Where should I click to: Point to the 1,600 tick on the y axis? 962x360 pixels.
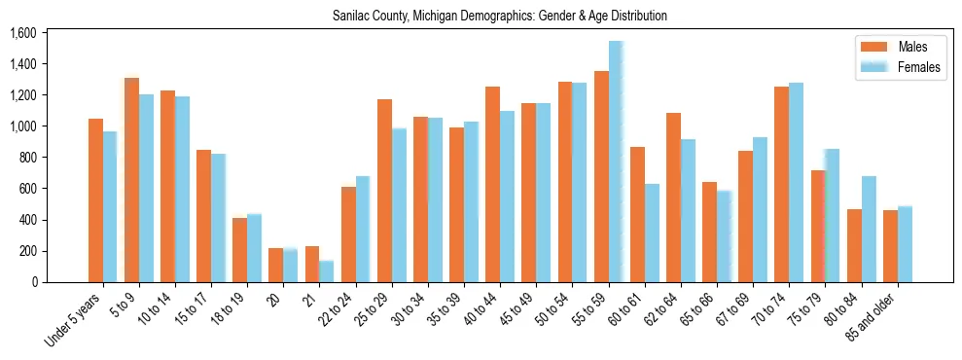tap(21, 33)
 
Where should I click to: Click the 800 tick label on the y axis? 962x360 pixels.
tap(26, 158)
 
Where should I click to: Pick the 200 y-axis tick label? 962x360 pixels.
tap(26, 251)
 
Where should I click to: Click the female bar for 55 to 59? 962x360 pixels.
tap(616, 162)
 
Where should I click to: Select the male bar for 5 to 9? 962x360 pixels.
tap(131, 180)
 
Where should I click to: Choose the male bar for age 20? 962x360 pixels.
tap(276, 265)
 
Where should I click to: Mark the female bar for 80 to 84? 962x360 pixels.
tap(869, 230)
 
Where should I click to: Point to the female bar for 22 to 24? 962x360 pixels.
tap(363, 230)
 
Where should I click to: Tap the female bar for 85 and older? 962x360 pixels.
tap(905, 244)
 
